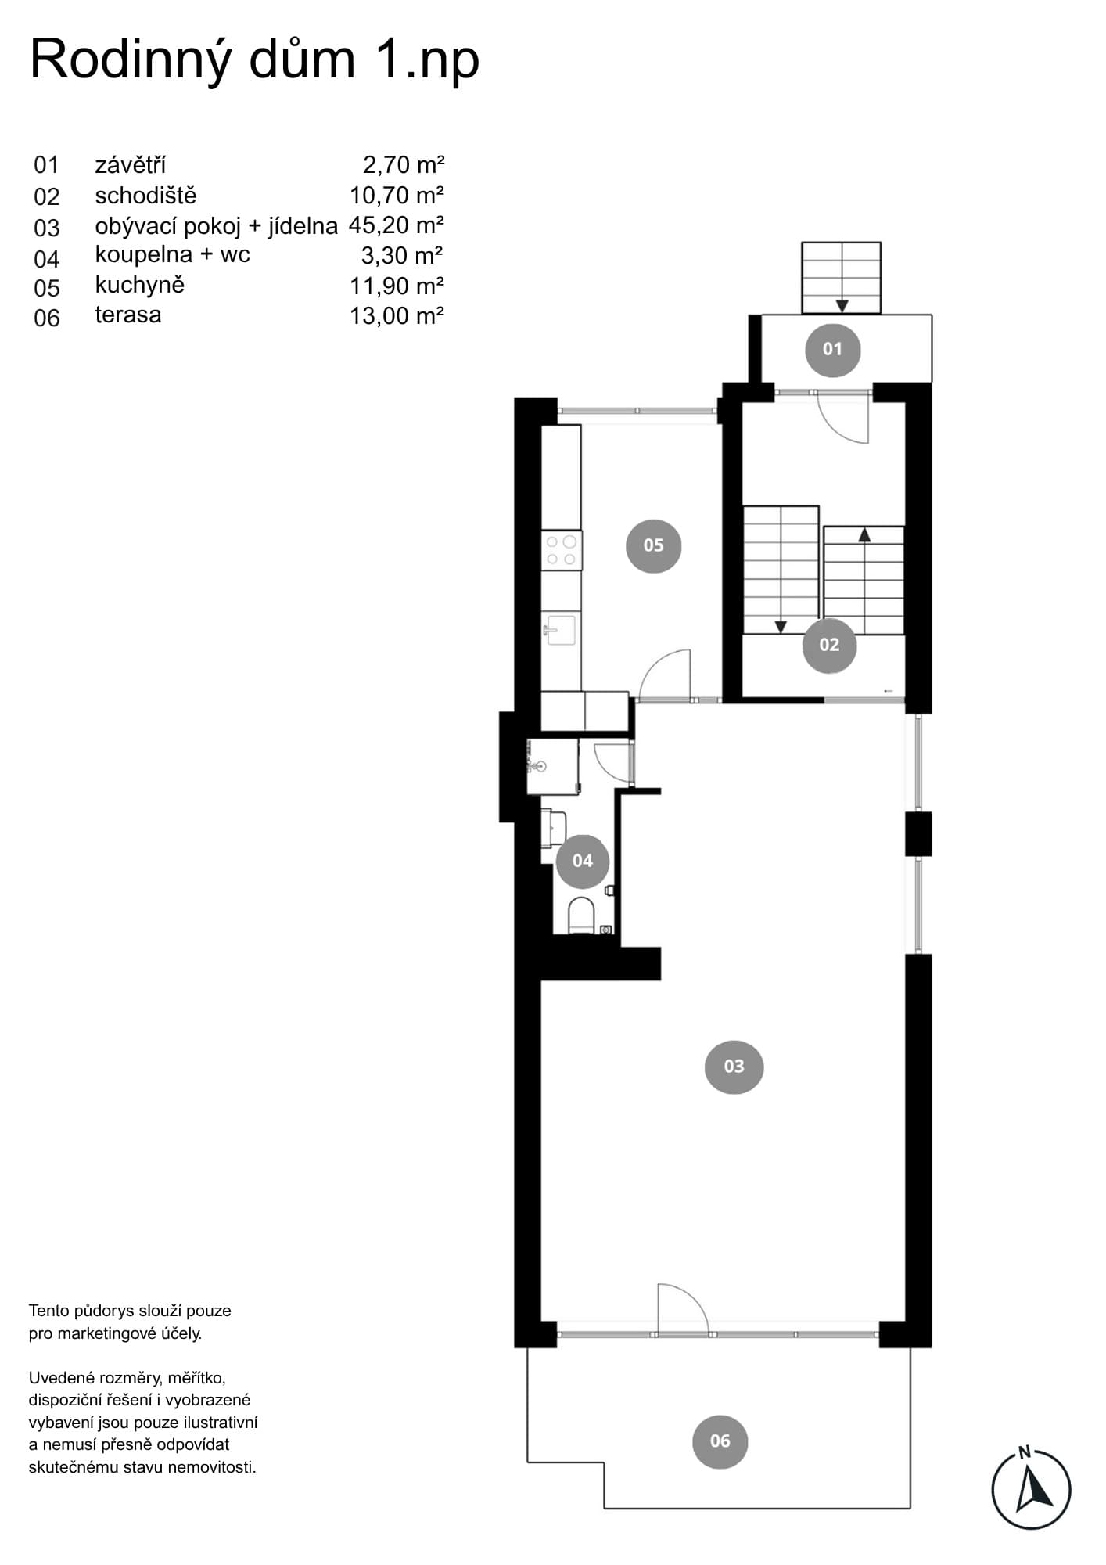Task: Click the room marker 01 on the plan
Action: click(832, 349)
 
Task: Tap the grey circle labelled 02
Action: click(829, 645)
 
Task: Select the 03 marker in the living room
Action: click(734, 1067)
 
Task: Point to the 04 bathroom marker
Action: click(582, 861)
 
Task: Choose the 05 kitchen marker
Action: click(653, 545)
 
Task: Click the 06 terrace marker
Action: click(720, 1441)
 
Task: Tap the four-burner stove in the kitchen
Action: click(562, 549)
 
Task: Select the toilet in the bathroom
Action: click(580, 916)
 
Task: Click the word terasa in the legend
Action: click(128, 315)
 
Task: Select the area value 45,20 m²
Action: click(397, 225)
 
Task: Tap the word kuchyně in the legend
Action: click(140, 285)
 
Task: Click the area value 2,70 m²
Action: click(404, 165)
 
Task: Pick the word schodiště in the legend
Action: click(145, 196)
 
